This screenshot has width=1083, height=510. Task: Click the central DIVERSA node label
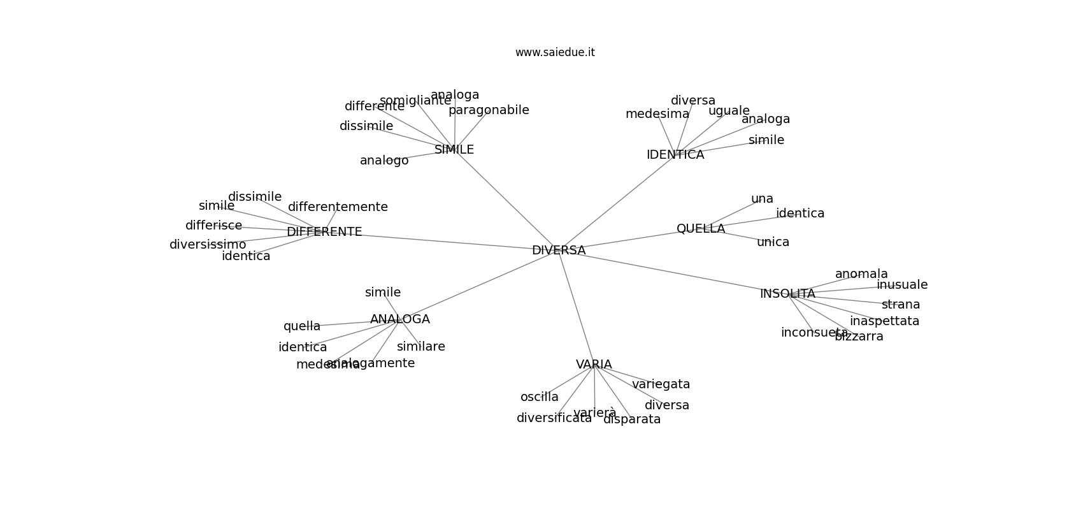pos(559,251)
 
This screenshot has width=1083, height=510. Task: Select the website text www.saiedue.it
pos(555,52)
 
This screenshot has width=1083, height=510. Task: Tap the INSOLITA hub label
pos(787,294)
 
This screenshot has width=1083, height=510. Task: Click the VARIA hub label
pos(594,365)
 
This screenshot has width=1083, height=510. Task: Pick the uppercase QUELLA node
pos(701,229)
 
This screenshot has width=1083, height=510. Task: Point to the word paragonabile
pos(489,110)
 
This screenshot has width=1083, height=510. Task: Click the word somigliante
pos(415,101)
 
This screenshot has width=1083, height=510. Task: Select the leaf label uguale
pos(729,111)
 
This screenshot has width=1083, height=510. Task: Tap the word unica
pos(773,242)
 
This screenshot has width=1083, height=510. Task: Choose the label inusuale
pos(902,285)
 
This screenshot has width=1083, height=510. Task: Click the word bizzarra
pos(859,337)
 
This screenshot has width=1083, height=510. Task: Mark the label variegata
pos(661,384)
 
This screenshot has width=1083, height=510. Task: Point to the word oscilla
pos(539,397)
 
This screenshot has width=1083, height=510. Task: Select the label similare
pos(420,347)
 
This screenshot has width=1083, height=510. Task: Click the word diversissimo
pos(208,245)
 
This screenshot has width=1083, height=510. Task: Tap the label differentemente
pos(338,207)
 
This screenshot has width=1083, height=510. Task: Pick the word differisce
pos(213,226)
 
